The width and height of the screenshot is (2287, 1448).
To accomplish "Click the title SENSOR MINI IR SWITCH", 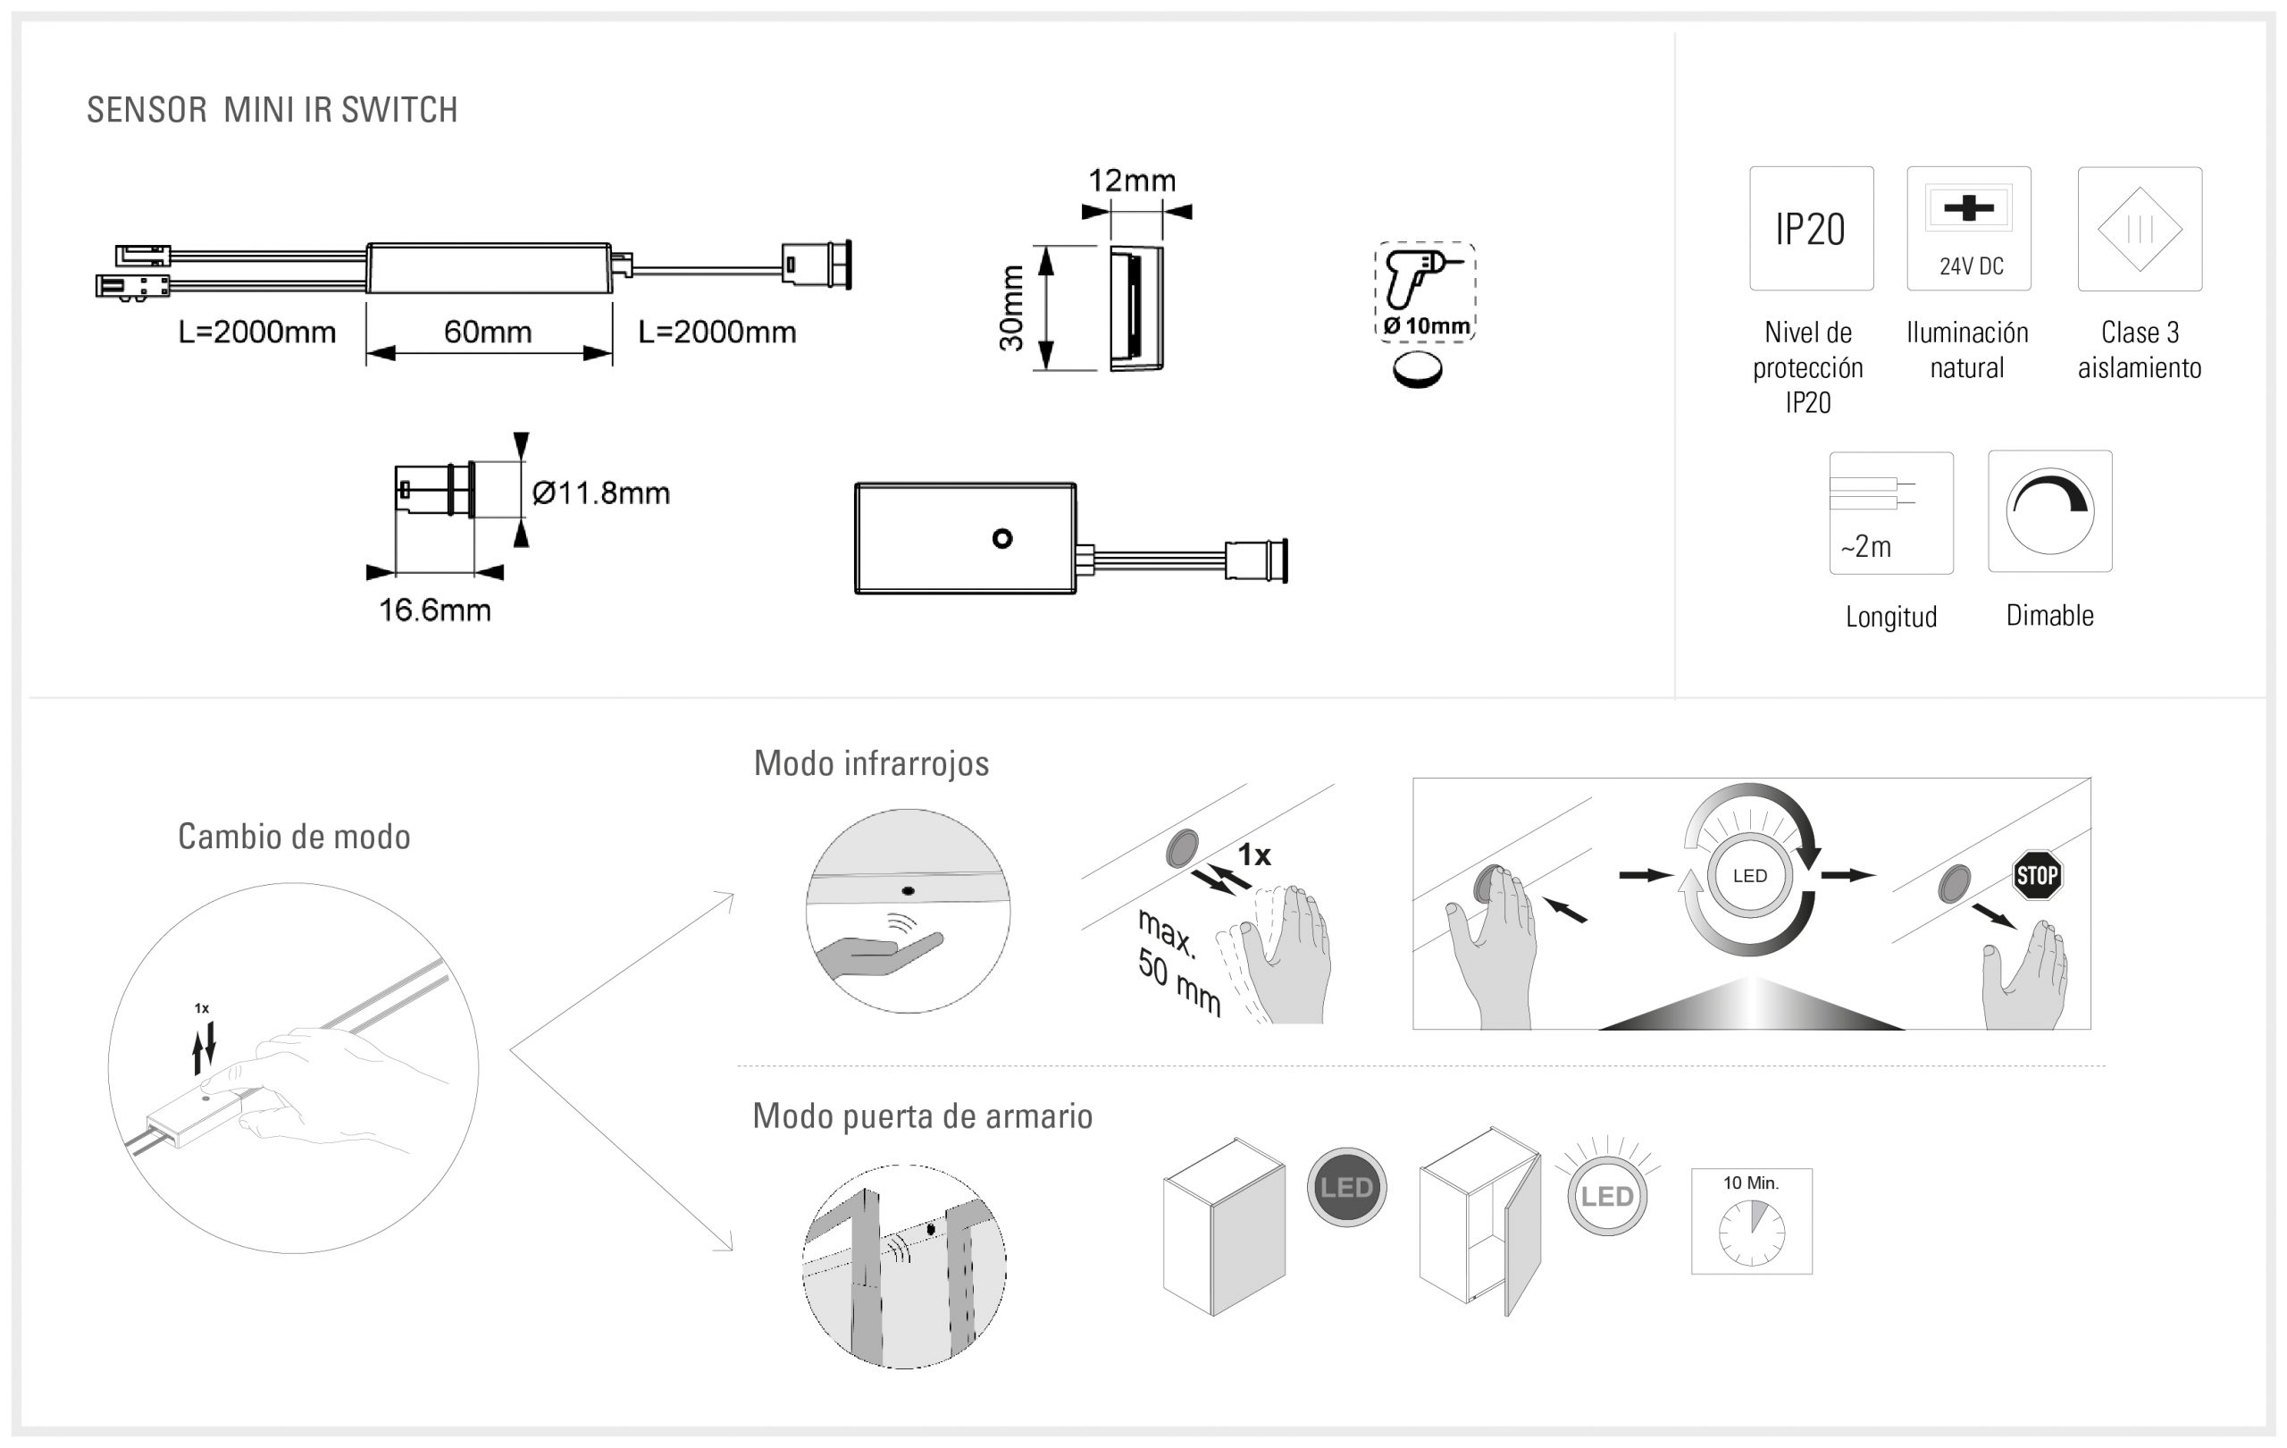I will pyautogui.click(x=272, y=110).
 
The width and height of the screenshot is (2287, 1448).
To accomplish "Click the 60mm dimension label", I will pyautogui.click(x=487, y=332).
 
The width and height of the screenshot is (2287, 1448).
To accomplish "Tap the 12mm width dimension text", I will pyautogui.click(x=1131, y=181).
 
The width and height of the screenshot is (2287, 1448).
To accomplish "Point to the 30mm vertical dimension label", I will pyautogui.click(x=1011, y=307).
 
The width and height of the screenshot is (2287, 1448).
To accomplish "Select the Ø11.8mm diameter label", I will pyautogui.click(x=600, y=493).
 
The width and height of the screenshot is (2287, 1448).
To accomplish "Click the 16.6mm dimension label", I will pyautogui.click(x=434, y=610).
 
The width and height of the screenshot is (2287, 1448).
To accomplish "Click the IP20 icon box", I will pyautogui.click(x=1810, y=229).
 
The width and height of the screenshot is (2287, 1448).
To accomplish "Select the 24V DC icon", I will pyautogui.click(x=1968, y=229).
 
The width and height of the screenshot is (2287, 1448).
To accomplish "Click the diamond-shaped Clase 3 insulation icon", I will pyautogui.click(x=2139, y=229).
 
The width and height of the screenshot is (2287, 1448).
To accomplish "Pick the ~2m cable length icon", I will pyautogui.click(x=1890, y=513).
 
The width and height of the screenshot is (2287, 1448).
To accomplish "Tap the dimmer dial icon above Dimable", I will pyautogui.click(x=2049, y=511).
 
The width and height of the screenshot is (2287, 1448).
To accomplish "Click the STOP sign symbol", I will pyautogui.click(x=2036, y=875).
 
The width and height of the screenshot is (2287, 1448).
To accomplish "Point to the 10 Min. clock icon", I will pyautogui.click(x=1750, y=1221).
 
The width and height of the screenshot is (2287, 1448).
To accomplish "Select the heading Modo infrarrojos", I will pyautogui.click(x=871, y=764).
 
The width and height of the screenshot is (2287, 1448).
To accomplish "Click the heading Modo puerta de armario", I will pyautogui.click(x=921, y=1116).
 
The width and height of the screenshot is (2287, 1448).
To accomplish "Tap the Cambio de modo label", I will pyautogui.click(x=294, y=837).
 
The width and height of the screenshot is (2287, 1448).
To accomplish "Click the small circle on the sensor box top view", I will pyautogui.click(x=1002, y=539).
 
